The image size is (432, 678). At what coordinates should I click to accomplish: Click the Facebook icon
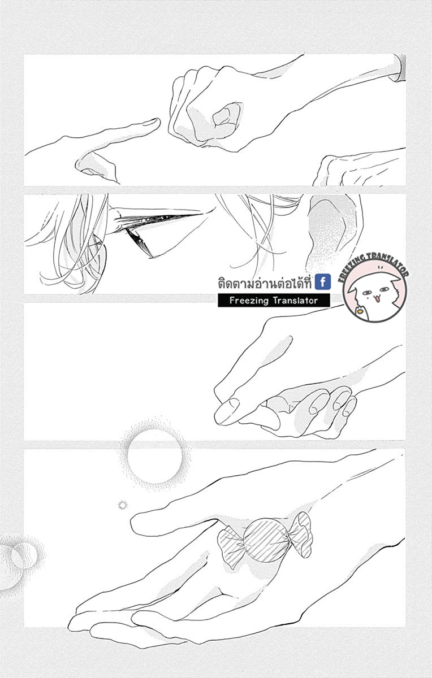click(323, 282)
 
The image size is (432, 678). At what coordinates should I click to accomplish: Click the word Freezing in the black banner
click(249, 301)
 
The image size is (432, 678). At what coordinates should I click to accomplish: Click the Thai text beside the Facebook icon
click(265, 283)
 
